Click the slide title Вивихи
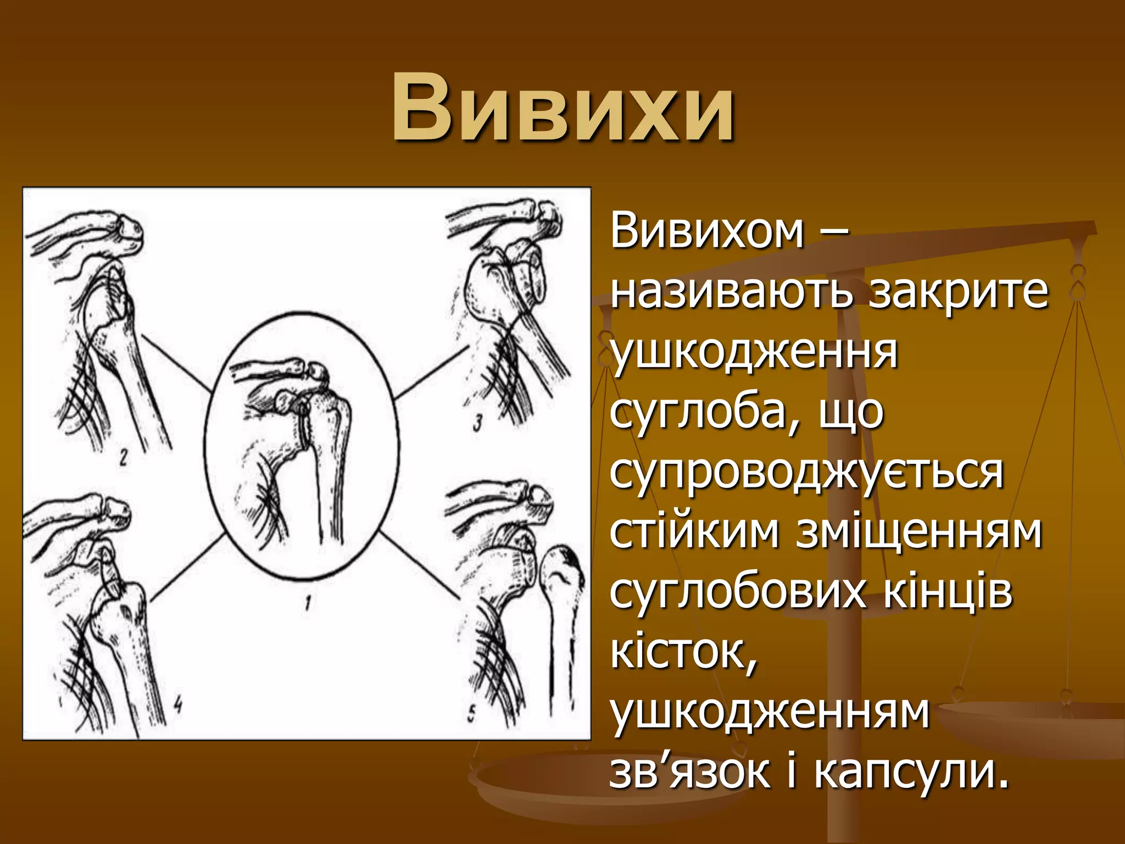[562, 107]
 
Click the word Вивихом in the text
[708, 231]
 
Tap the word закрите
[959, 292]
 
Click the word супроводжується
[806, 473]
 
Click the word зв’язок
[689, 772]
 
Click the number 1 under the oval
[308, 603]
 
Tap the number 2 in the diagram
[124, 457]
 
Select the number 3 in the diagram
[477, 423]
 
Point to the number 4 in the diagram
[177, 705]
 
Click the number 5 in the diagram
[471, 714]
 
